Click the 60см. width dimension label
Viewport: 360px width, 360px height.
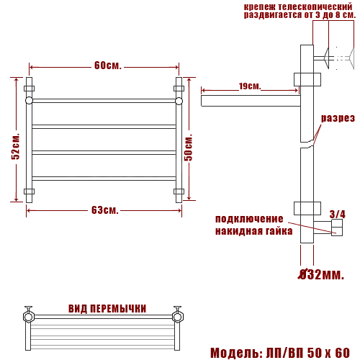[108, 66]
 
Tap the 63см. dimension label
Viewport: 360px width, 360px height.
[105, 210]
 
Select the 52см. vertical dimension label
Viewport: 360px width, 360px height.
[16, 146]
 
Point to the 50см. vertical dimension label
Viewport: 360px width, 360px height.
[189, 147]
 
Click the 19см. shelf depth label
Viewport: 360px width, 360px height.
[250, 86]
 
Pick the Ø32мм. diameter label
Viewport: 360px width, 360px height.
[321, 274]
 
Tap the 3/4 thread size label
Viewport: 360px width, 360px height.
[338, 214]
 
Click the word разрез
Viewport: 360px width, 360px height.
[338, 118]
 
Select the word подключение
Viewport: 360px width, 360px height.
[249, 219]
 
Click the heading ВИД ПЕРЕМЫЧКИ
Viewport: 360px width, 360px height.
[107, 309]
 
